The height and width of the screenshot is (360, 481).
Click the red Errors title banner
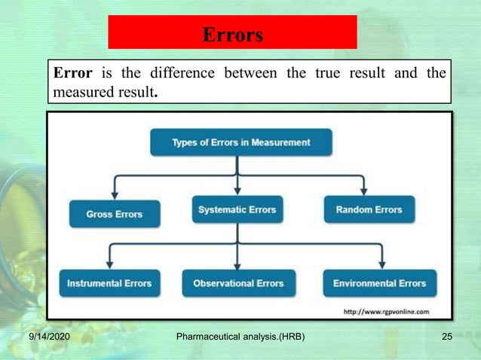pos(232,32)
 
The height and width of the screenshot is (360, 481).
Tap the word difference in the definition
pos(179,74)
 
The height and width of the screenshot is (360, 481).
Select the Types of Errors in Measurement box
pos(240,142)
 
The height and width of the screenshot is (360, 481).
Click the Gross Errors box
pos(115,214)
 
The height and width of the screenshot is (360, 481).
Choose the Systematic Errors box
pos(237,210)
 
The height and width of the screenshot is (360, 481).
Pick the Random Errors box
pos(369,210)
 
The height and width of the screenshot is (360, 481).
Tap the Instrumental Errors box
pos(109,283)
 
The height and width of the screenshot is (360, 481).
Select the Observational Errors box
pos(238,283)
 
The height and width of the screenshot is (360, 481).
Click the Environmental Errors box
pos(379,283)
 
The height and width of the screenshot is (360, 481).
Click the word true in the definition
pos(338,74)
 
